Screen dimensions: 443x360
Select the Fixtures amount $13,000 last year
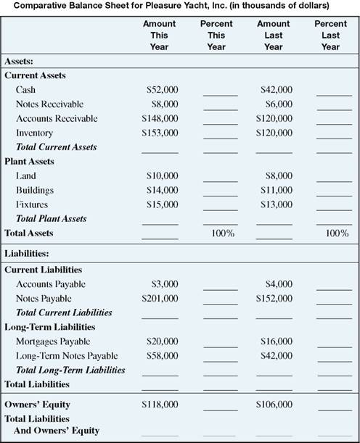(x=276, y=204)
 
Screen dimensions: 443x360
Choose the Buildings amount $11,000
(x=276, y=190)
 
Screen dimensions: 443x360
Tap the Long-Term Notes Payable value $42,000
(x=276, y=355)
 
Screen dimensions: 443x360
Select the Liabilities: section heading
(x=28, y=254)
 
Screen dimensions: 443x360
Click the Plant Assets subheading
(x=30, y=161)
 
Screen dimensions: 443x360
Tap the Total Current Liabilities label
(x=64, y=312)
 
